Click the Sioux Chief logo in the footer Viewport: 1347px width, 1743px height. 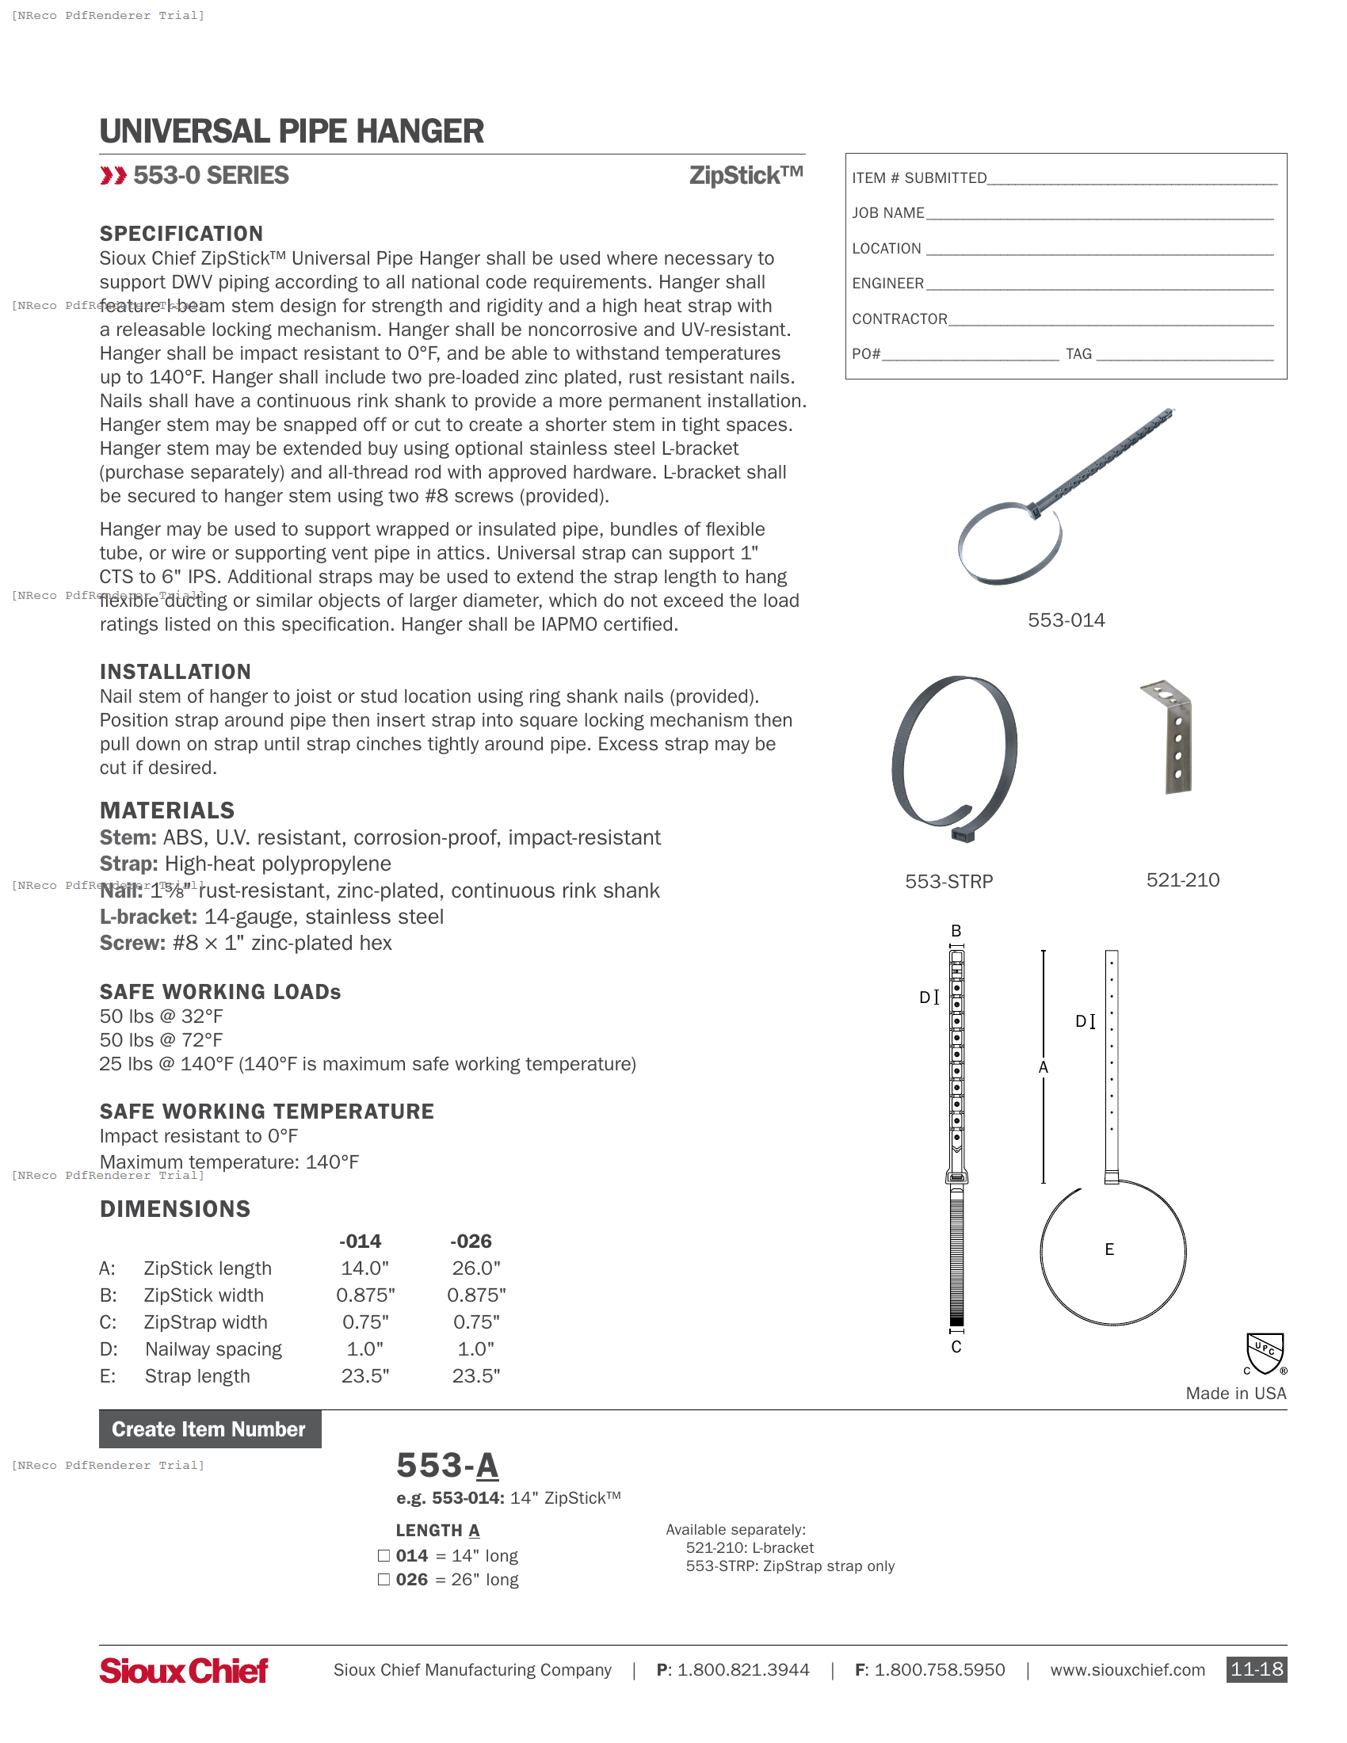[183, 1670]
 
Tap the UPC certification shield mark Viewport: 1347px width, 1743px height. [1265, 1352]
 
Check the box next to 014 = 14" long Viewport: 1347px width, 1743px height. [383, 1555]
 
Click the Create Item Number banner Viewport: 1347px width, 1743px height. [210, 1429]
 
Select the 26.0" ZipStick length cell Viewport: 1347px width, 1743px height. [475, 1268]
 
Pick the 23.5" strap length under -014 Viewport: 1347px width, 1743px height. [364, 1376]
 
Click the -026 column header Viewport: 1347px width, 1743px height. [470, 1241]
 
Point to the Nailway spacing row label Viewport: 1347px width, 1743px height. [213, 1348]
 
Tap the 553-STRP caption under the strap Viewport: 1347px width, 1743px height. [948, 881]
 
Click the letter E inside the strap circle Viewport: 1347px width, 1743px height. [1109, 1249]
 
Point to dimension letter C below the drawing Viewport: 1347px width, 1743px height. [956, 1347]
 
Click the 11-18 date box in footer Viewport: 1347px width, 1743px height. [1256, 1669]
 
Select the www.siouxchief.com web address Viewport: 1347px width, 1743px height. [1127, 1670]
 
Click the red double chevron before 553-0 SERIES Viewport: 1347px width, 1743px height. [113, 176]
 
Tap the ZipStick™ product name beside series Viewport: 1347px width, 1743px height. [746, 176]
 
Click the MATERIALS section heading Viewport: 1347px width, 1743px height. [166, 810]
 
